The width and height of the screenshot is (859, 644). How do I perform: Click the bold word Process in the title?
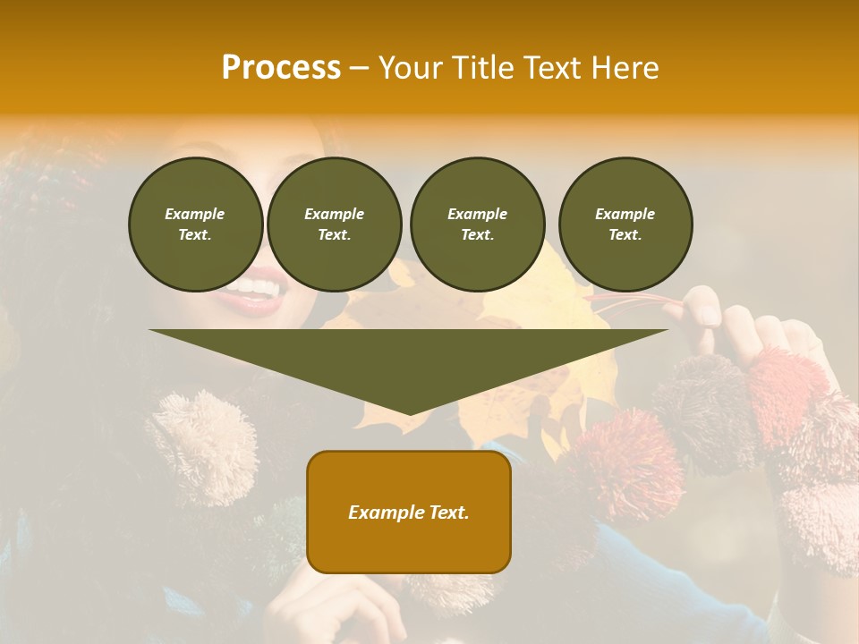click(281, 68)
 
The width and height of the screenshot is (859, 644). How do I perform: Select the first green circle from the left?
click(195, 225)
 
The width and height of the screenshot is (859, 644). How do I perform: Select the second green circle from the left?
click(335, 225)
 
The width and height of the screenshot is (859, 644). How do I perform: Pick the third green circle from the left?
click(477, 225)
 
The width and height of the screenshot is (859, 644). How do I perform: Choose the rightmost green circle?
click(625, 225)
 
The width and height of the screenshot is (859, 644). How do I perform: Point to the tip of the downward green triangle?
click(409, 413)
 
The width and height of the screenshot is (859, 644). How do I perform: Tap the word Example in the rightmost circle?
click(625, 214)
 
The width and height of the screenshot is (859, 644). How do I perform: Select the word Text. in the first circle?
click(195, 235)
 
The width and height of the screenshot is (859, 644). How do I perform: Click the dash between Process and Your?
click(359, 68)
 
